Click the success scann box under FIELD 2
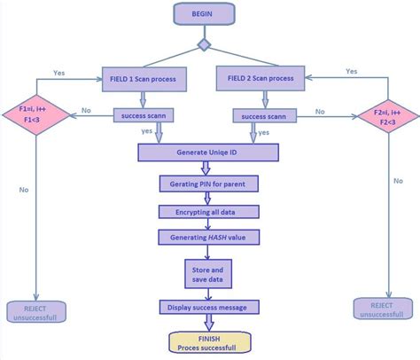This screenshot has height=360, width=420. (264, 115)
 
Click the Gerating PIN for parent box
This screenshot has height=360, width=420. (202, 184)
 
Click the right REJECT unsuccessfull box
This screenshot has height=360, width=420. (382, 309)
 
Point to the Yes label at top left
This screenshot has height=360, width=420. (59, 73)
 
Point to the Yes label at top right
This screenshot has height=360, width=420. (351, 71)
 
